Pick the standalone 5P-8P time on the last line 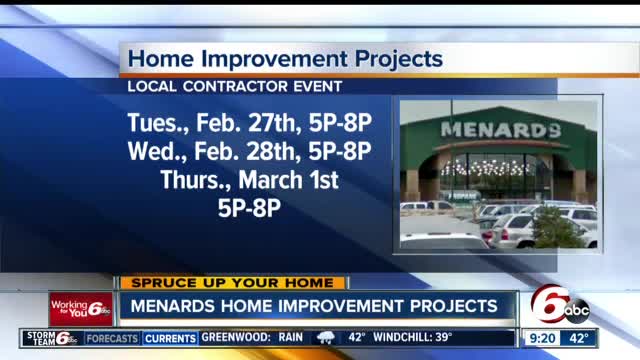pyautogui.click(x=249, y=210)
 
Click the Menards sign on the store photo pyautogui.click(x=500, y=130)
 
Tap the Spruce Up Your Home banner pyautogui.click(x=233, y=283)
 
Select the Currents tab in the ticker pyautogui.click(x=170, y=339)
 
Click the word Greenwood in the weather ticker pyautogui.click(x=237, y=338)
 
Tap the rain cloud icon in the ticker pyautogui.click(x=327, y=338)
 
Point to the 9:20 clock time pyautogui.click(x=542, y=338)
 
